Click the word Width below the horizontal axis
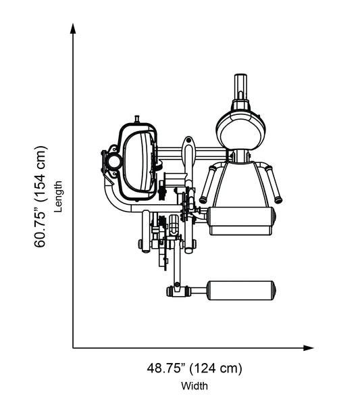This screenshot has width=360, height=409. pyautogui.click(x=195, y=387)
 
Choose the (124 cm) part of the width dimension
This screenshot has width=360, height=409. pyautogui.click(x=215, y=368)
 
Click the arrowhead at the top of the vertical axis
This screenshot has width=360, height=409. pyautogui.click(x=73, y=27)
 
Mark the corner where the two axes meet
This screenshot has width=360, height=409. pyautogui.click(x=73, y=348)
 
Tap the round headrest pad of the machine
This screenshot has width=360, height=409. pyautogui.click(x=240, y=128)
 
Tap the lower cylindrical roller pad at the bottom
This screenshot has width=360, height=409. pyautogui.click(x=242, y=290)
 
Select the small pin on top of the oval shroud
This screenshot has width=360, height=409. pyautogui.click(x=138, y=119)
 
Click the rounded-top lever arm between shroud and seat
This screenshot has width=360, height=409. pyautogui.click(x=188, y=152)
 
